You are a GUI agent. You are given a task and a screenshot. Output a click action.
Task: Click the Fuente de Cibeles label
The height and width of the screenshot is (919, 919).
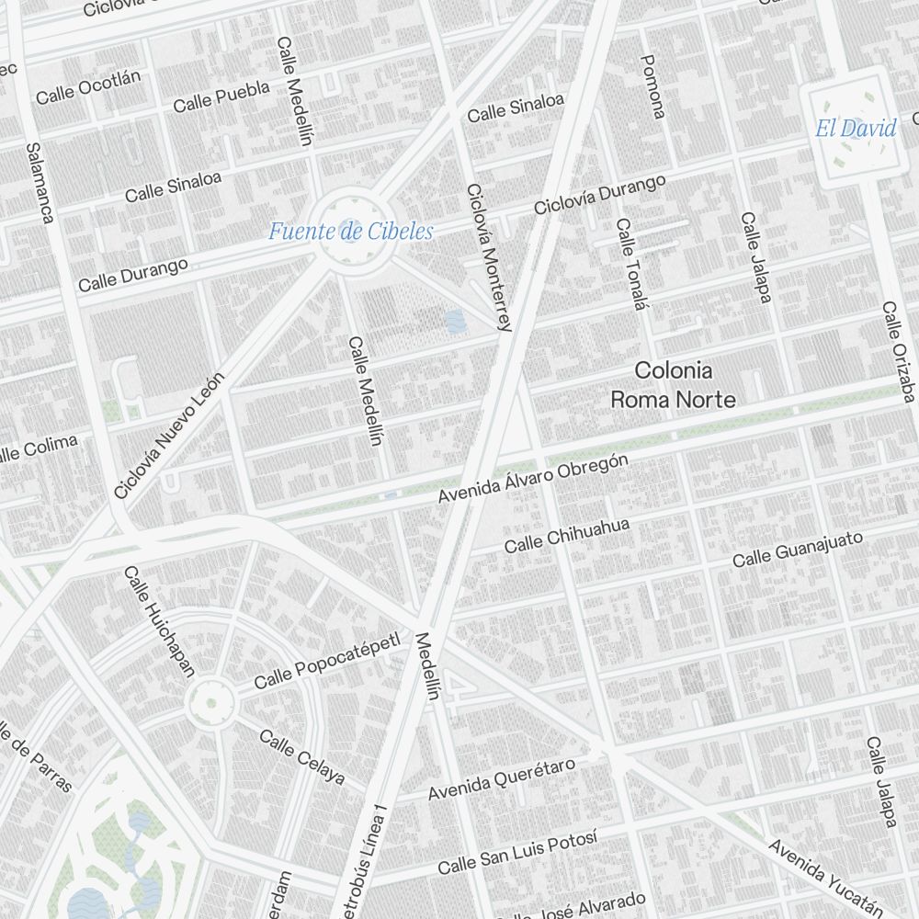coord(350,232)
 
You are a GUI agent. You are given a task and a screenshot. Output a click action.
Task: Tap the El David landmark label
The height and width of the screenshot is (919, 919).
coord(856,129)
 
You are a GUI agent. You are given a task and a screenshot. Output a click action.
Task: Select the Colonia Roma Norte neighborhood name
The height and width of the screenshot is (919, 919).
coord(674,385)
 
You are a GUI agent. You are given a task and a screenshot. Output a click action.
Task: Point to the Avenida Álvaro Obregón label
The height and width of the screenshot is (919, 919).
coord(533,479)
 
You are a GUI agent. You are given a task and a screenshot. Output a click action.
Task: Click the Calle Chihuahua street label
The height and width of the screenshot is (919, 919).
coord(567,536)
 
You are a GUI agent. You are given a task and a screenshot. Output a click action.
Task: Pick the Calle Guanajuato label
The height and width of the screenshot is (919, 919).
coord(798,549)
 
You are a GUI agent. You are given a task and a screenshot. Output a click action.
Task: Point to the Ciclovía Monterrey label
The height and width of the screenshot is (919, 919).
coord(488,257)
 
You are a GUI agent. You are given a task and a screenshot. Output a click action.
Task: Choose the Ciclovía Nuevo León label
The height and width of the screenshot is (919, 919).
coord(169,436)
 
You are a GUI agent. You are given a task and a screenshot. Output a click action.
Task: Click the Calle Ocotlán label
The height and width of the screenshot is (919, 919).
coord(88,87)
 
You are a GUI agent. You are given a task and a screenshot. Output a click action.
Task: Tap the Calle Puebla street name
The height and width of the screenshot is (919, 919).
coord(221,96)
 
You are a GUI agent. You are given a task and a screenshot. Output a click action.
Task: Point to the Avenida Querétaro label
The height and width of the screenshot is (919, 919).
coord(502,779)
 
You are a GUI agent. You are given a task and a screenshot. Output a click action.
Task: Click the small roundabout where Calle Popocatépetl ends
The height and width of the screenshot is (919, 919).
coord(210,703)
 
